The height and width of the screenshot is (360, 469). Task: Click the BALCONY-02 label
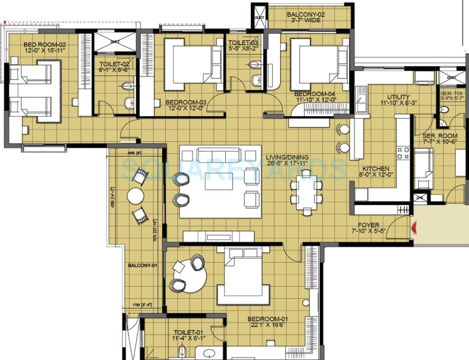click(x=306, y=15)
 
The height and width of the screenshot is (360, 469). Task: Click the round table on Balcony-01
click(x=136, y=196)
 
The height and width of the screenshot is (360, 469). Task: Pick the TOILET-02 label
click(x=114, y=64)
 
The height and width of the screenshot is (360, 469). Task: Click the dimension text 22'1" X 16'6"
click(x=268, y=326)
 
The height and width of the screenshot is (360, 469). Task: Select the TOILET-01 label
click(x=186, y=333)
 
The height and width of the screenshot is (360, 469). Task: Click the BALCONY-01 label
click(x=142, y=266)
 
